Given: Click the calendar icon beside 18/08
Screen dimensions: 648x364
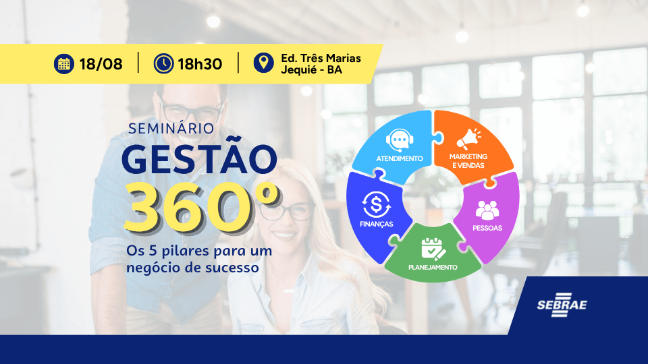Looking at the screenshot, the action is [x=64, y=64].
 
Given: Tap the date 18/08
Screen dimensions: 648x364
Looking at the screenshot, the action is [x=101, y=65].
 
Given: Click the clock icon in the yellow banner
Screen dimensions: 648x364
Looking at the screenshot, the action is [x=163, y=64].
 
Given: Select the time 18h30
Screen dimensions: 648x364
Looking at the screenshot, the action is [x=200, y=65].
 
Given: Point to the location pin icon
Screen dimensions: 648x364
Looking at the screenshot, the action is [x=264, y=63].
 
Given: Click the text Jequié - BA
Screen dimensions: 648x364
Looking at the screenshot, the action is [x=312, y=69].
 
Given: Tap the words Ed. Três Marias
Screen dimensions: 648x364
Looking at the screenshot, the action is [x=321, y=58].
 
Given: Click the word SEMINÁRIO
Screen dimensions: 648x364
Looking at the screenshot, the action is [x=171, y=128].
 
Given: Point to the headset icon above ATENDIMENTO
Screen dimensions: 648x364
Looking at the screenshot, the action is [x=400, y=140].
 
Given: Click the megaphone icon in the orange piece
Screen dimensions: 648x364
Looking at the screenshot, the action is [x=468, y=138].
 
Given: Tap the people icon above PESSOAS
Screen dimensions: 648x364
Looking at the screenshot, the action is [x=487, y=210].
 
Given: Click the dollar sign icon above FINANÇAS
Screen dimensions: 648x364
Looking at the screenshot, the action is [x=376, y=204].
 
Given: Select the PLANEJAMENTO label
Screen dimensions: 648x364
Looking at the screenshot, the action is [x=433, y=268].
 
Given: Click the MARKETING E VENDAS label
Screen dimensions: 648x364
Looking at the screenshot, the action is [x=468, y=161].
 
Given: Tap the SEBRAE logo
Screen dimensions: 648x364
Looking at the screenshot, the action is [x=562, y=305].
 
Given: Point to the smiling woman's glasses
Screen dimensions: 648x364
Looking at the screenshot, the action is [x=288, y=211].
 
